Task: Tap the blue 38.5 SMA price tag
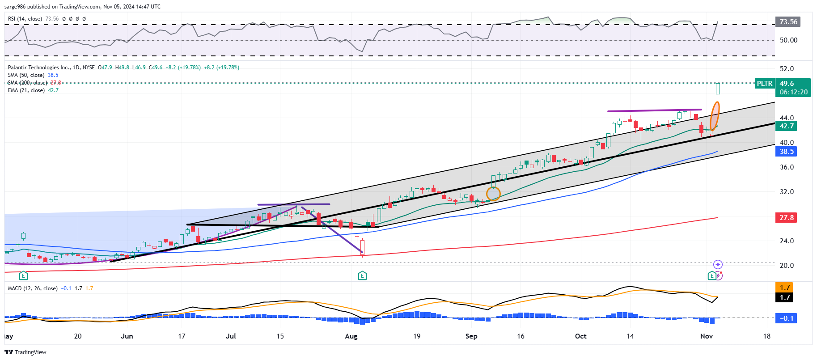[786, 152]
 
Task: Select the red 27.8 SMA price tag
[786, 218]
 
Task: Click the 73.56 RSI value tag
[788, 22]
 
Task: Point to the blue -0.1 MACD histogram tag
[786, 318]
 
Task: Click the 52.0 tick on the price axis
[787, 69]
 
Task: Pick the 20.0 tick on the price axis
[787, 266]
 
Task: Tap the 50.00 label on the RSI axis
[788, 40]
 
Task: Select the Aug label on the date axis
[351, 336]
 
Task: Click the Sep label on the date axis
[471, 336]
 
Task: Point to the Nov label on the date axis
[707, 336]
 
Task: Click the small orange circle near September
[493, 194]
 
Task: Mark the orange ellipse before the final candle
[715, 116]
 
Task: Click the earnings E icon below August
[362, 275]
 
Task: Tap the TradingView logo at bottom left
[25, 352]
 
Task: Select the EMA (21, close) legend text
[26, 90]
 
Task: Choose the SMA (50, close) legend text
[26, 75]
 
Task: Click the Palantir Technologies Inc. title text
[39, 68]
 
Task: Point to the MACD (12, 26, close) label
[33, 288]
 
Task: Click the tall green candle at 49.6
[718, 89]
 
